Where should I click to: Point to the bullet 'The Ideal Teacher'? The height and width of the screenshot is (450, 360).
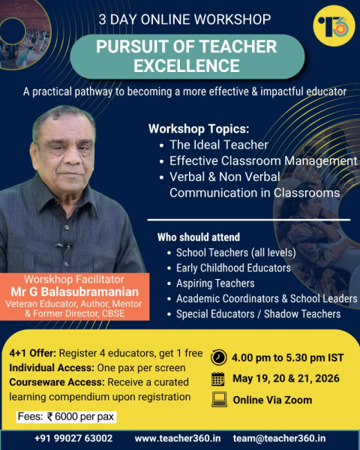(218, 145)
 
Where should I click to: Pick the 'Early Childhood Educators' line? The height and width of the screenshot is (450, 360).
(233, 268)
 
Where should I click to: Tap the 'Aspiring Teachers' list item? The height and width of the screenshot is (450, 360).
(215, 283)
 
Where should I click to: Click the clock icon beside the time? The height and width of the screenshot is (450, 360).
(219, 356)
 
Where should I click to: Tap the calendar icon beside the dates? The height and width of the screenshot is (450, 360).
(219, 378)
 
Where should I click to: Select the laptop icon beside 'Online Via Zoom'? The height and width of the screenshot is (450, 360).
(219, 399)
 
